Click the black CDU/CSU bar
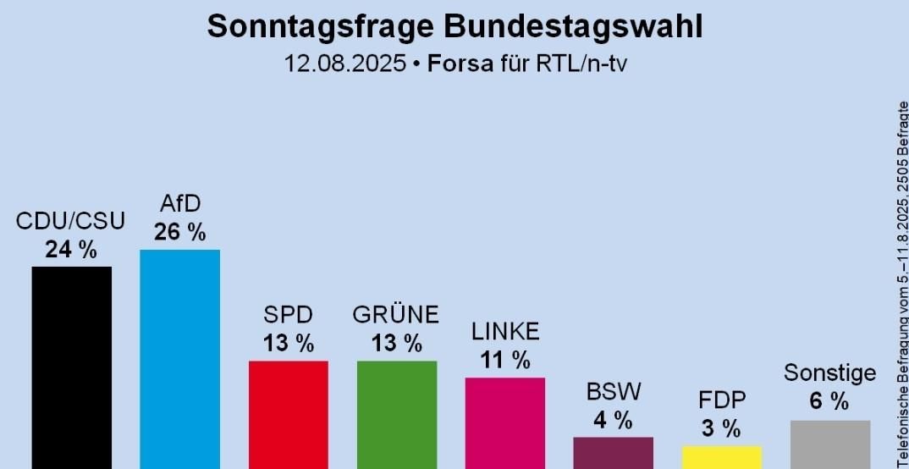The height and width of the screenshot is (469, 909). pos(71,367)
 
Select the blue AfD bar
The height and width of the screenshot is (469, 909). pos(179,359)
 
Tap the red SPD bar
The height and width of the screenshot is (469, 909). pos(288,415)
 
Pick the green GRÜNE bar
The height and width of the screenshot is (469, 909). pos(397,415)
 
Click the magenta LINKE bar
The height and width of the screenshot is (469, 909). pos(504,422)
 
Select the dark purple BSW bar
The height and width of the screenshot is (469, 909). pos(613,453)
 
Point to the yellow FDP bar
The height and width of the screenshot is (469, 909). pos(721,457)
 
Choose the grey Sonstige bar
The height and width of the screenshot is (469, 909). pos(829,444)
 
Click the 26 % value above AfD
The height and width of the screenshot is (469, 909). pos(179,232)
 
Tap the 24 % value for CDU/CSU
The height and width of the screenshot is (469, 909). pos(71,250)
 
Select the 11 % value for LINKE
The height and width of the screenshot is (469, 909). pos(504,360)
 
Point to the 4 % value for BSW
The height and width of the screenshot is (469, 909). pos(613,420)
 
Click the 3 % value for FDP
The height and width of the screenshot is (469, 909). pos(721,428)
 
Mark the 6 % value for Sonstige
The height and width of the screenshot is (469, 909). pos(829,402)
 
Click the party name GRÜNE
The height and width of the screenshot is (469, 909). pos(396,315)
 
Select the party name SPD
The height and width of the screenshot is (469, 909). pos(288,315)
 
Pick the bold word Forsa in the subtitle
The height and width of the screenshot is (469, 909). pos(460,63)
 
